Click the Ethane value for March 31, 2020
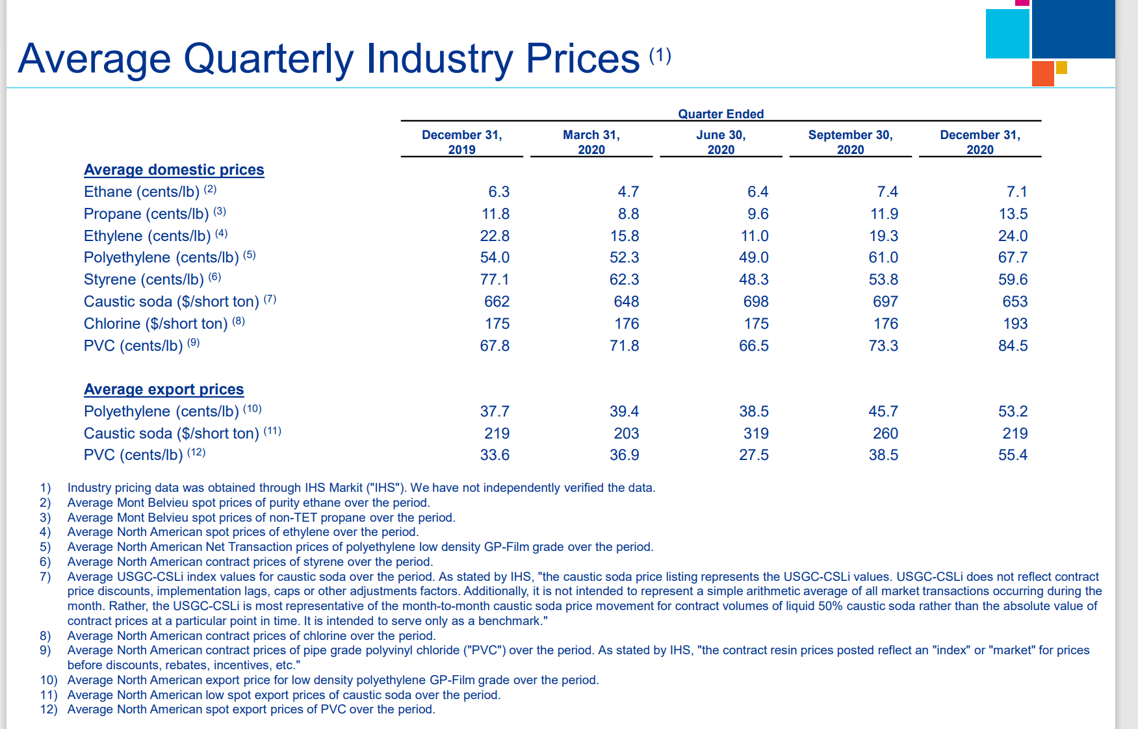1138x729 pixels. point(628,192)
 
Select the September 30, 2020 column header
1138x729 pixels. point(850,142)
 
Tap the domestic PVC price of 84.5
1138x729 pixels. point(1013,346)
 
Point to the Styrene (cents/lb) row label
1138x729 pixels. point(144,279)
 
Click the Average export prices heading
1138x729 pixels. point(164,389)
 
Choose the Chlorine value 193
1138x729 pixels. point(1015,324)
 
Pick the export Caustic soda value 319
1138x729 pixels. point(756,433)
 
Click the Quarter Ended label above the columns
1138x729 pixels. point(721,114)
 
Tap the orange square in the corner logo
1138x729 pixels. point(1042,73)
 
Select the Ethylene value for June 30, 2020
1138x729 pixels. point(754,236)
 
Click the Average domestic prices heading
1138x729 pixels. point(174,170)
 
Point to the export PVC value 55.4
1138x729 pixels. point(1013,455)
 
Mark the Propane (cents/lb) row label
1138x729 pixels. point(146,214)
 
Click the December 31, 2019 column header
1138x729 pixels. point(461,142)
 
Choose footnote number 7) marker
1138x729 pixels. point(45,576)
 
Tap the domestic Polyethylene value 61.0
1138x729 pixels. point(883,257)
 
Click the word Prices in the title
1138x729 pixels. point(582,58)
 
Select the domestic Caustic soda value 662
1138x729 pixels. point(497,301)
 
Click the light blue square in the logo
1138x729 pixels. point(1007,34)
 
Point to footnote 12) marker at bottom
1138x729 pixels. point(48,709)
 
